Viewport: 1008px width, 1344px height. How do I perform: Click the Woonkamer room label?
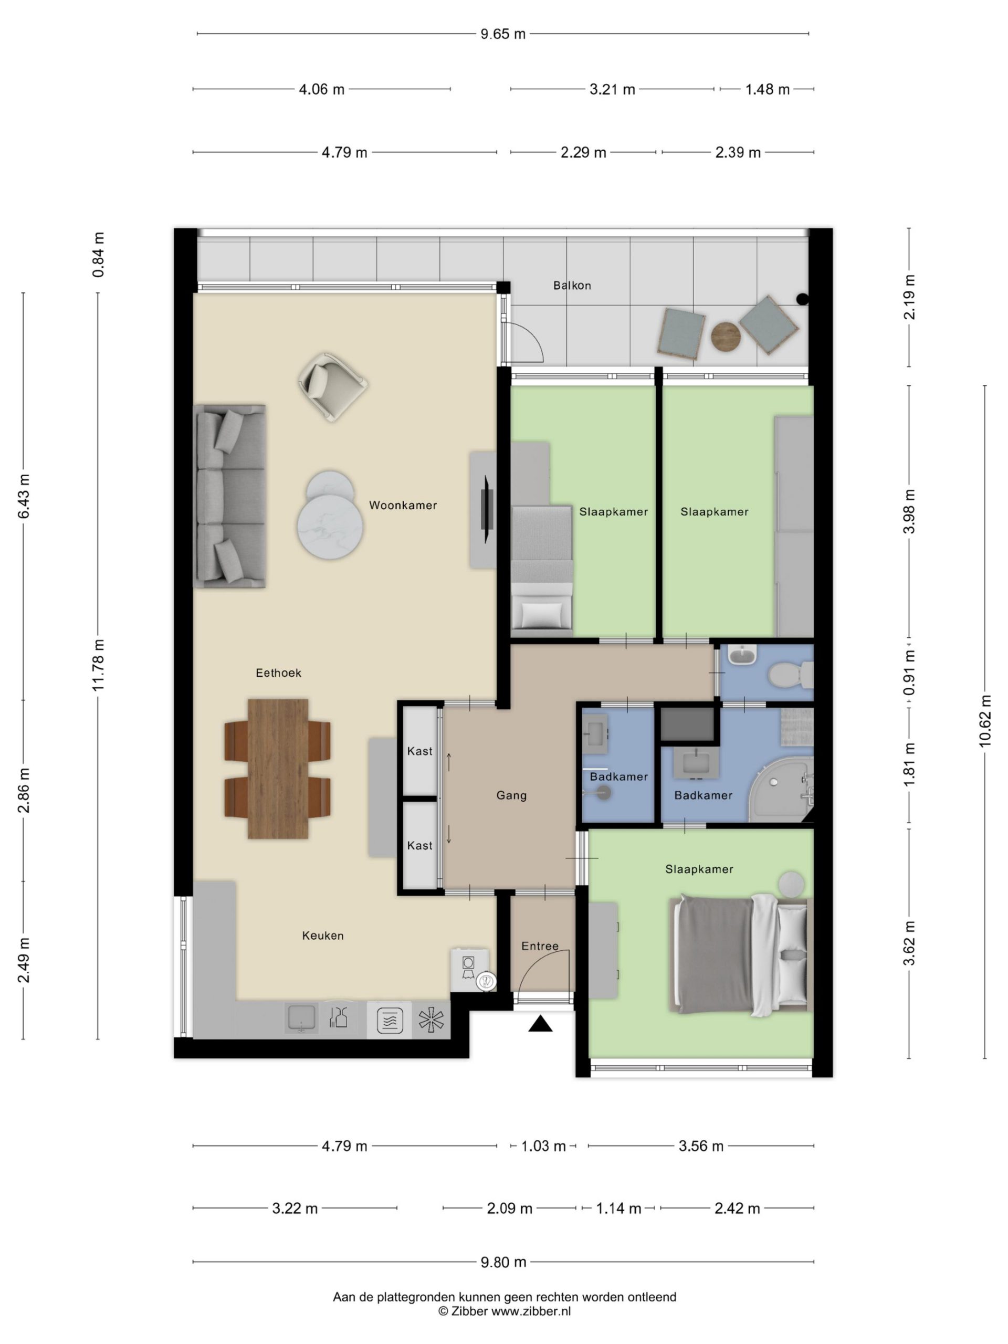pyautogui.click(x=403, y=505)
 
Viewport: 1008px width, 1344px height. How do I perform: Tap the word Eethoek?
pyautogui.click(x=278, y=673)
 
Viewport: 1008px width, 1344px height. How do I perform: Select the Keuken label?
pyautogui.click(x=323, y=936)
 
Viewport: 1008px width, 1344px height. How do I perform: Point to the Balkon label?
pyautogui.click(x=572, y=285)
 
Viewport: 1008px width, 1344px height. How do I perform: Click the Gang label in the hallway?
pyautogui.click(x=511, y=795)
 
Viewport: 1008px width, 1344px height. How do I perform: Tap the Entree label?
pyautogui.click(x=540, y=946)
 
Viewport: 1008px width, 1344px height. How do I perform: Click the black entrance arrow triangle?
pyautogui.click(x=540, y=1024)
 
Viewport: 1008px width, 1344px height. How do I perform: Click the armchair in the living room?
pyautogui.click(x=332, y=386)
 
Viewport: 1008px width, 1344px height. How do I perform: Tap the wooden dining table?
pyautogui.click(x=278, y=769)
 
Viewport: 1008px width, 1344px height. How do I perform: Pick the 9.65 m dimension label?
pyautogui.click(x=503, y=34)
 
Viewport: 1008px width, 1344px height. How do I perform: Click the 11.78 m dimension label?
pyautogui.click(x=98, y=665)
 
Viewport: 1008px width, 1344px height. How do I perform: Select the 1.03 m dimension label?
pyautogui.click(x=543, y=1146)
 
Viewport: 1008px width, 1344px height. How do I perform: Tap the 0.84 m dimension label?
pyautogui.click(x=98, y=255)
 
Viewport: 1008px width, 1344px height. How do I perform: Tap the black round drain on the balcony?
pyautogui.click(x=803, y=298)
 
